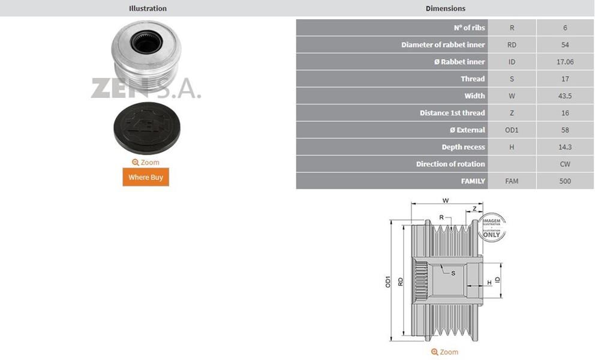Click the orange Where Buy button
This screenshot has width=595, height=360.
146,177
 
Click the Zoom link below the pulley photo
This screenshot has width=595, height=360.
146,163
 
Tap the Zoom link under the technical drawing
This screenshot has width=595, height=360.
444,352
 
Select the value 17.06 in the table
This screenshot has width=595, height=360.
565,62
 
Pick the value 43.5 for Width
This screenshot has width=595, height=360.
565,96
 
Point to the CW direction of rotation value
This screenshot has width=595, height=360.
565,164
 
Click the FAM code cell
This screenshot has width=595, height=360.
512,181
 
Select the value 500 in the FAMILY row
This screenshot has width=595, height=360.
565,181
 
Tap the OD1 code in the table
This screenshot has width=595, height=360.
512,130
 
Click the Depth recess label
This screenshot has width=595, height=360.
463,147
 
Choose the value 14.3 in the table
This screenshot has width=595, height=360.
565,147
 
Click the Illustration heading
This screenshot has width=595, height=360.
148,8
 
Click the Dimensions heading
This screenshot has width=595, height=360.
445,8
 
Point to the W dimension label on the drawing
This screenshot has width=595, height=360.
445,200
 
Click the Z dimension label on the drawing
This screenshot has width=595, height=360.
474,208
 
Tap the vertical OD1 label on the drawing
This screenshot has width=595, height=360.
388,282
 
